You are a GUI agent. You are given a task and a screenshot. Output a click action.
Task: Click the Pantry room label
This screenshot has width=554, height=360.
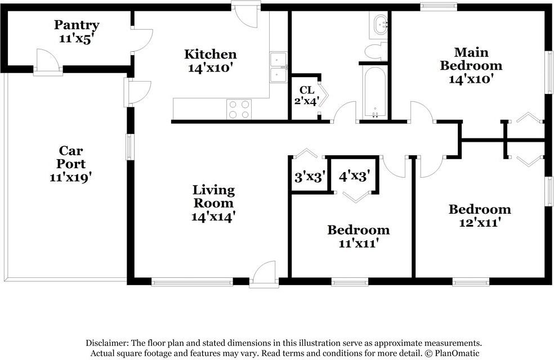(x=77, y=25)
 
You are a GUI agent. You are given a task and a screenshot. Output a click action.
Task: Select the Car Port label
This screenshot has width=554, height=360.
(x=71, y=157)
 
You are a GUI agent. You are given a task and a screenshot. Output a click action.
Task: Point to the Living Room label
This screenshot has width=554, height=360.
(x=213, y=196)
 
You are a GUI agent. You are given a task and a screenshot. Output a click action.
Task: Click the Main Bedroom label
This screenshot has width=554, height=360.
(x=471, y=59)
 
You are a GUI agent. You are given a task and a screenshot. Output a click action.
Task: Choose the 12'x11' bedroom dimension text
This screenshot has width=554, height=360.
(x=479, y=223)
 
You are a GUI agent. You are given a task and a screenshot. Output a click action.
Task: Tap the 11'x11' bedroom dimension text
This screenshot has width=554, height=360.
(x=359, y=243)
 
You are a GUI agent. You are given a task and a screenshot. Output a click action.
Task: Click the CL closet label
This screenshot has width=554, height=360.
(x=306, y=90)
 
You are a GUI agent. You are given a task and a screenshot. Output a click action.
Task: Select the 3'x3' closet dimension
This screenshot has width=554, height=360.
(x=310, y=177)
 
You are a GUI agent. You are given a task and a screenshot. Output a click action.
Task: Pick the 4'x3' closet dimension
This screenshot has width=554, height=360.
(x=354, y=175)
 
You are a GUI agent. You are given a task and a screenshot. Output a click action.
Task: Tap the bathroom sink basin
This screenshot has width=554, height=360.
(x=381, y=25)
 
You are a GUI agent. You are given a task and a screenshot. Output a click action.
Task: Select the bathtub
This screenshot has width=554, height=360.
(x=375, y=92)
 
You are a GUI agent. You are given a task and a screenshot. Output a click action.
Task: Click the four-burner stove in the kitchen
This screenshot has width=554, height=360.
(x=239, y=109)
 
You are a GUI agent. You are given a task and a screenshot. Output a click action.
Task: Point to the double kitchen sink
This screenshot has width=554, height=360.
(x=279, y=67)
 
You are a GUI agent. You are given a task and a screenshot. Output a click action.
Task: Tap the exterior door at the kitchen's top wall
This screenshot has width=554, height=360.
(x=246, y=15)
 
